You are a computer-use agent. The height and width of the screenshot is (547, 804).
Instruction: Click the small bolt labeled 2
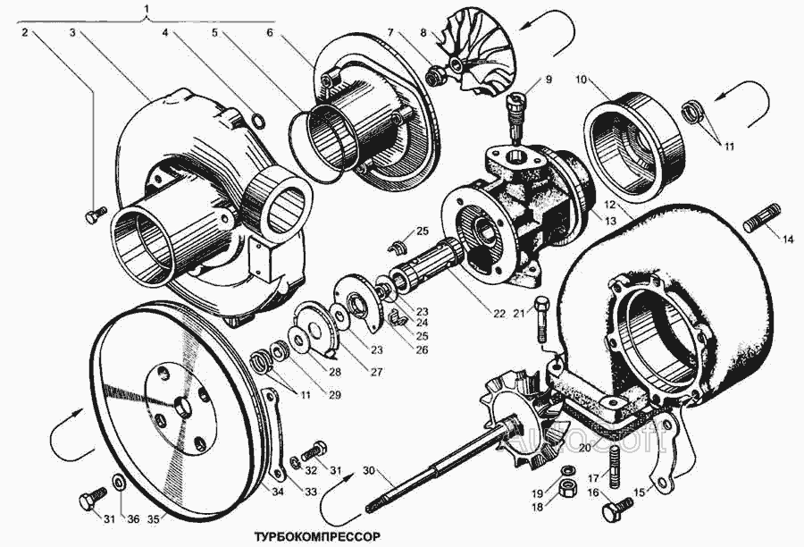click(x=94, y=214)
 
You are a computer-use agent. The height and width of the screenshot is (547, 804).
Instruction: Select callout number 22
click(x=498, y=313)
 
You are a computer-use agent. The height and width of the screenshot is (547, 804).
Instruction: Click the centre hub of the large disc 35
click(x=182, y=407)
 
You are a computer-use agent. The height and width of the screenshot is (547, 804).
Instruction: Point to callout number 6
click(x=270, y=32)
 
